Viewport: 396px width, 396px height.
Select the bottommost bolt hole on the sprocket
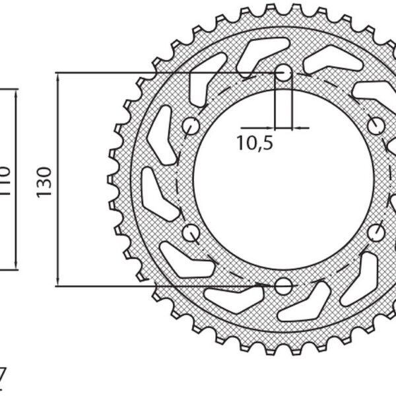[284, 286]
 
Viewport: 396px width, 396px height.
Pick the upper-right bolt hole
[376, 125]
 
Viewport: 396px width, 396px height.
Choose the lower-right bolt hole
[376, 232]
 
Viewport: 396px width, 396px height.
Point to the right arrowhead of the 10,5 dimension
[294, 127]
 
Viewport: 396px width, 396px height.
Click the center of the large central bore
[284, 180]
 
